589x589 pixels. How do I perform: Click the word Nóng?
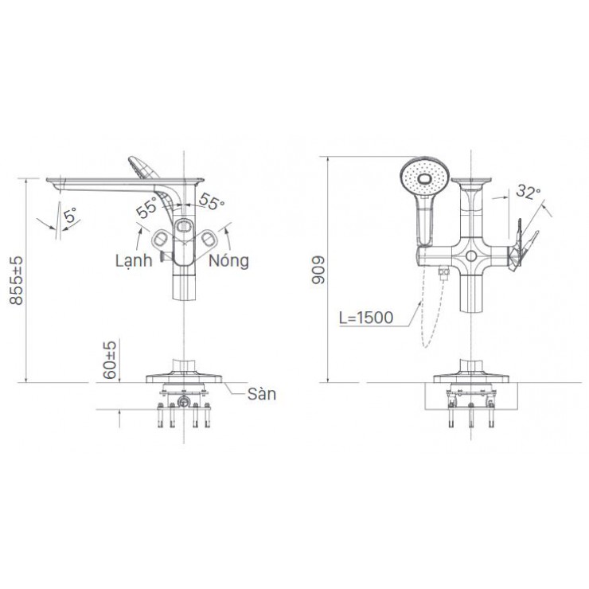[229, 260]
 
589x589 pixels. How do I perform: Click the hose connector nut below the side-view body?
[444, 275]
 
